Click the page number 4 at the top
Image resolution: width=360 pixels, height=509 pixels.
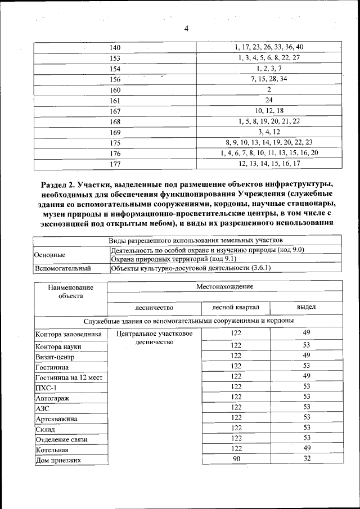click(186, 29)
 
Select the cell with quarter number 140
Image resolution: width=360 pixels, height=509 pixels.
click(115, 47)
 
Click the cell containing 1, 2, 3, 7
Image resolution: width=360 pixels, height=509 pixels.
click(269, 69)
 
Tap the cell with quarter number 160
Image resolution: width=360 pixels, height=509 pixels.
click(115, 90)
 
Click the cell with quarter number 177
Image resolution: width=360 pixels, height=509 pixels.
click(115, 164)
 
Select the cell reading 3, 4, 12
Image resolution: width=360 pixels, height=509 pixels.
click(269, 132)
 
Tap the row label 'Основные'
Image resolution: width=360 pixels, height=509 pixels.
click(50, 255)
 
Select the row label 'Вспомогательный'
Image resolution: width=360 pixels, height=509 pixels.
click(63, 269)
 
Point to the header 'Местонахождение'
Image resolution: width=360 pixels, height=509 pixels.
click(224, 286)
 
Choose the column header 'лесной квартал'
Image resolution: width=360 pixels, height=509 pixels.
click(235, 307)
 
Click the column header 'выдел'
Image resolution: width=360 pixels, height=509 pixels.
click(306, 307)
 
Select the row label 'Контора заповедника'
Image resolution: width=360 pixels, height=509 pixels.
click(68, 334)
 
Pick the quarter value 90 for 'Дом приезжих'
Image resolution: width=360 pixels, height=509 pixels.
click(236, 459)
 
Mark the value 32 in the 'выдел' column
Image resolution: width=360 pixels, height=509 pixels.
click(306, 459)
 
